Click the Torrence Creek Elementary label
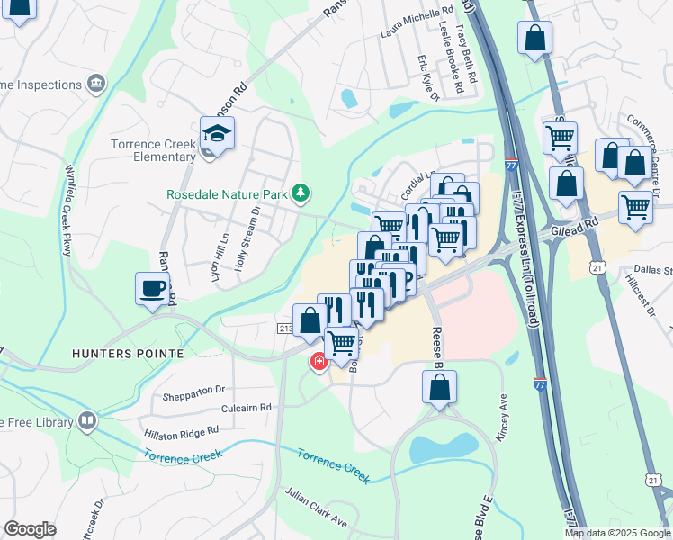tap(153, 150)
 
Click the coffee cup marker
tap(153, 290)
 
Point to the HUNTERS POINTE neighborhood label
tap(128, 354)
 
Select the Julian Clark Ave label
tap(316, 509)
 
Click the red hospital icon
tap(318, 362)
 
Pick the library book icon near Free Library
tap(86, 420)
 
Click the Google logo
tap(30, 529)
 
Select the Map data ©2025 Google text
tap(616, 533)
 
